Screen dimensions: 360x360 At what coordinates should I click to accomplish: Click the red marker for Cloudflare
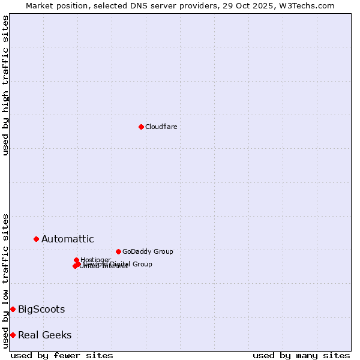[x=141, y=127]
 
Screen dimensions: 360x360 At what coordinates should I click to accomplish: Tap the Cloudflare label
[x=161, y=127]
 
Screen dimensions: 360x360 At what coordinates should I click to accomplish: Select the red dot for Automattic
[x=36, y=239]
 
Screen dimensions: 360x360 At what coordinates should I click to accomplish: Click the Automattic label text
[x=67, y=239]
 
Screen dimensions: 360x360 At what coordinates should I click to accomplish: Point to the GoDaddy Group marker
[x=118, y=251]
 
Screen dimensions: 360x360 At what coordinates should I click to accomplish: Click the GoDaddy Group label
[x=148, y=251]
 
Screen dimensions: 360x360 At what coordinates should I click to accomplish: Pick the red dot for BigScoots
[x=13, y=309]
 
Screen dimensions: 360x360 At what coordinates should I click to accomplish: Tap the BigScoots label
[x=41, y=310]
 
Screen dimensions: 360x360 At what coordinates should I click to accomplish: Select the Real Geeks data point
[x=13, y=335]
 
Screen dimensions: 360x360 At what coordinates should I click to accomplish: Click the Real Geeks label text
[x=45, y=335]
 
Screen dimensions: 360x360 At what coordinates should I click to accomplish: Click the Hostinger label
[x=96, y=260]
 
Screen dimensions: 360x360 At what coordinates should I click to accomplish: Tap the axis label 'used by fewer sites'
[x=62, y=355]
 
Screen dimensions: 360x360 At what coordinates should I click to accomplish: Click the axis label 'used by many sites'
[x=301, y=355]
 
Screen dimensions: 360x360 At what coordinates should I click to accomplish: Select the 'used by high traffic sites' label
[x=5, y=85]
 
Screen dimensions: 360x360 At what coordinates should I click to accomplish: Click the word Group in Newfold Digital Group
[x=142, y=264]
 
